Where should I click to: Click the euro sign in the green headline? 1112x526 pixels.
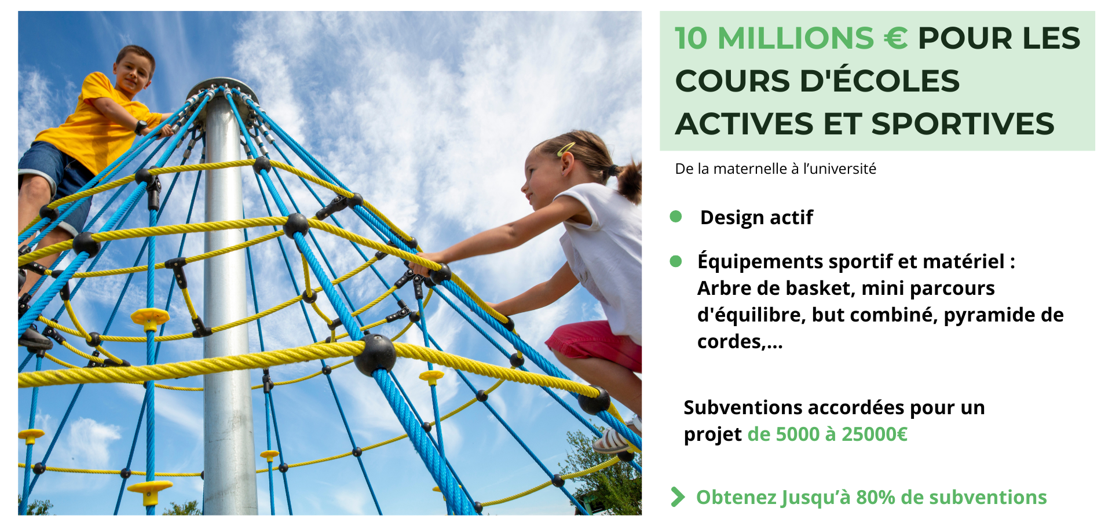click(895, 38)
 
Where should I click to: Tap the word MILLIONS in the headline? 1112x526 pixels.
click(795, 38)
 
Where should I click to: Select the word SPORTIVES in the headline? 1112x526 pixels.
click(963, 124)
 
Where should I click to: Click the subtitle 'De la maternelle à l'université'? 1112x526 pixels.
click(776, 169)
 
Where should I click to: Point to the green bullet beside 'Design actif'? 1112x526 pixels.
click(675, 217)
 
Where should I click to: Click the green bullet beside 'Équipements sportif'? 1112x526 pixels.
click(675, 261)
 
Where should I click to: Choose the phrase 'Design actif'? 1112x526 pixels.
click(756, 217)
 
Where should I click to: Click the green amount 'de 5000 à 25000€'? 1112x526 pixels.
click(828, 434)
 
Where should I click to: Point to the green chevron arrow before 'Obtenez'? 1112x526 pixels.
click(678, 497)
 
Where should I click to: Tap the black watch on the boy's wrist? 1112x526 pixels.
click(141, 127)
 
